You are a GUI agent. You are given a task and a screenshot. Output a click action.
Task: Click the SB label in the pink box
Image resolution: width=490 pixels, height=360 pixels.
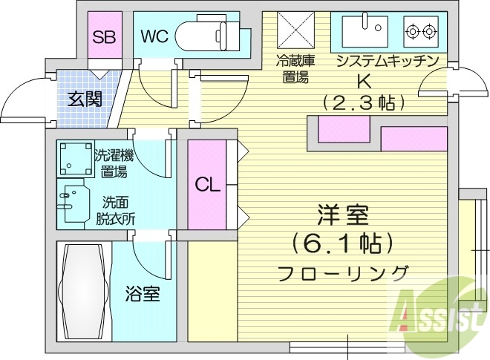pos(102,36)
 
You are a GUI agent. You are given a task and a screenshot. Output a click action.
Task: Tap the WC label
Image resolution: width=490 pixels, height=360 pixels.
pos(155,36)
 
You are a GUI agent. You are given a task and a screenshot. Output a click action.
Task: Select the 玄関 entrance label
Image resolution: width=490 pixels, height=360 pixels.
pos(85,98)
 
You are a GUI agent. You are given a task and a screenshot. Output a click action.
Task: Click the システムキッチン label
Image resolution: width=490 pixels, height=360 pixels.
pos(387,61)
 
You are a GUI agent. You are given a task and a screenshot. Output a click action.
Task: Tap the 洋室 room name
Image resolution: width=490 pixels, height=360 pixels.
pos(343,216)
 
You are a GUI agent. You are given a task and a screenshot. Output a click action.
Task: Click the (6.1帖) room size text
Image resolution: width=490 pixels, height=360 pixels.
pos(342,242)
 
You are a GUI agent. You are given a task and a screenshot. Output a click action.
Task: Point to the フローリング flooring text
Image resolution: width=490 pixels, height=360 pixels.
pos(343,272)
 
